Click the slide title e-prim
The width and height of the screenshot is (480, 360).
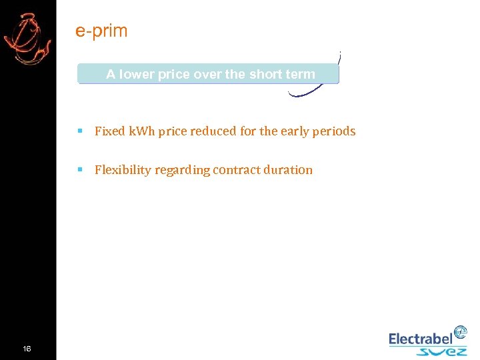tap(101, 31)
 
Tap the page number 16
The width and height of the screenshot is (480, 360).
tap(27, 349)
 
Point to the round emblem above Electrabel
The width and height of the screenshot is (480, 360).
tap(460, 332)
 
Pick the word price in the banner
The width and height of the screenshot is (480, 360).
tap(175, 75)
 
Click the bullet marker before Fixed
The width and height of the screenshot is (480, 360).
tap(79, 131)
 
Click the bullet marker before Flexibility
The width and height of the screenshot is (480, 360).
tap(79, 170)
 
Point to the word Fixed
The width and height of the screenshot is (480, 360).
tap(109, 131)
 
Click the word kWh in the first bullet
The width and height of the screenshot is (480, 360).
tap(141, 131)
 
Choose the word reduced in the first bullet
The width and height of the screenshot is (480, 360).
tap(213, 131)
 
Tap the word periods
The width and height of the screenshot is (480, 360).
tap(333, 131)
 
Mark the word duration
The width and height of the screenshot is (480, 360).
tap(290, 170)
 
